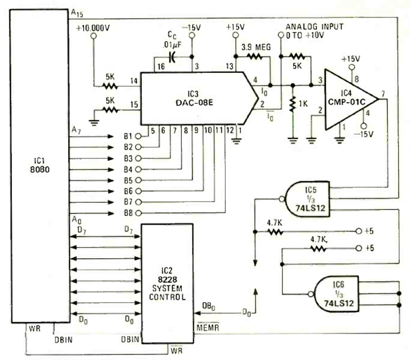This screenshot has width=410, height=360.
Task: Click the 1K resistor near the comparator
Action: [292, 104]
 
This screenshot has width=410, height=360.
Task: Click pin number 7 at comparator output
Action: [383, 93]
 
